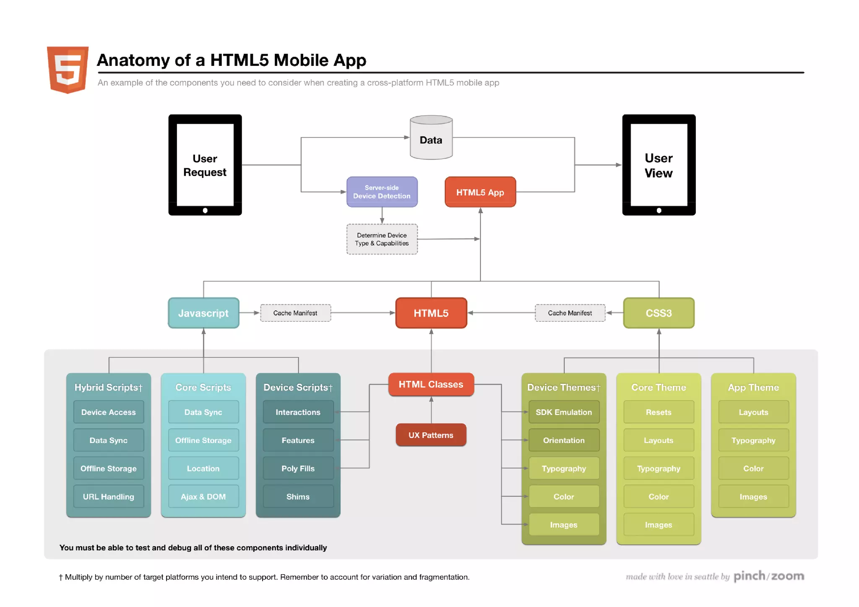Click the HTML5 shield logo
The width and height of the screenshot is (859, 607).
click(x=68, y=69)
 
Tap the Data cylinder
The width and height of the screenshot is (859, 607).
click(x=431, y=138)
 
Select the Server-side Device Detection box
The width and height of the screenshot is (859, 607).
click(x=382, y=192)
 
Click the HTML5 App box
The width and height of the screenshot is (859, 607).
click(x=480, y=192)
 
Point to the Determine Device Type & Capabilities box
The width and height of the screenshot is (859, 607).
click(x=382, y=239)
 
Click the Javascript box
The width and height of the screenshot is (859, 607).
click(x=203, y=313)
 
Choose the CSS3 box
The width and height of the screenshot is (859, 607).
click(x=659, y=313)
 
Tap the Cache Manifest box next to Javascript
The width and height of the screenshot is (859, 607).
click(x=295, y=313)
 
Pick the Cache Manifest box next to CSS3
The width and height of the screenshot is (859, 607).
click(x=570, y=313)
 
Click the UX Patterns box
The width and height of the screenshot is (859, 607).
click(x=431, y=435)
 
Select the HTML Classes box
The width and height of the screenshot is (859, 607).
click(x=431, y=384)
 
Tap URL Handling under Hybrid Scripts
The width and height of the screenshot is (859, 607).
click(x=108, y=497)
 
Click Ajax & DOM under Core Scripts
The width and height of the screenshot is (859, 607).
click(x=203, y=497)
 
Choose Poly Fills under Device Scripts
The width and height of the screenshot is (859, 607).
click(x=298, y=469)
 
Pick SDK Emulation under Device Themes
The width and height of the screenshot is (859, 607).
click(x=564, y=412)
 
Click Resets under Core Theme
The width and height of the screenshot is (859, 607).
click(x=659, y=412)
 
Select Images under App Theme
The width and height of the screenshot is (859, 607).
click(x=753, y=497)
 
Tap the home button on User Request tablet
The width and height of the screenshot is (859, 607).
click(x=205, y=211)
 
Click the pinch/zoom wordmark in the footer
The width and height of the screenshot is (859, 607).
click(x=768, y=576)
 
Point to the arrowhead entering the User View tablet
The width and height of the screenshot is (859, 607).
click(x=619, y=165)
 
